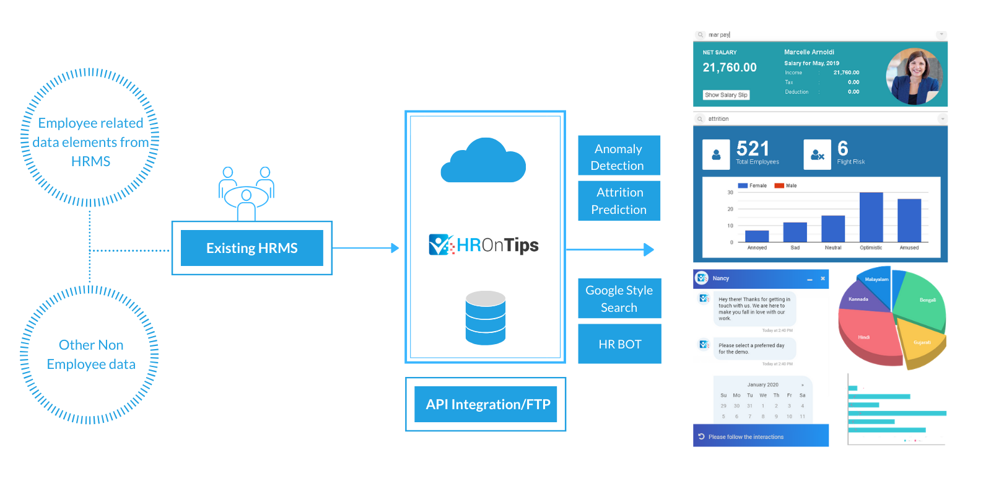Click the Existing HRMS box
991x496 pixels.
click(251, 248)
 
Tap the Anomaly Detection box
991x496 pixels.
click(619, 156)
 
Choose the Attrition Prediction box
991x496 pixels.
click(619, 201)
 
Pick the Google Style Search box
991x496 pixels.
click(619, 299)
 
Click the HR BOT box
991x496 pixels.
click(619, 344)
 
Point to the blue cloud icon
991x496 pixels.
click(483, 162)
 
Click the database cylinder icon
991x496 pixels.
click(486, 318)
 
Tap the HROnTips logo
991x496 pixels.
click(484, 245)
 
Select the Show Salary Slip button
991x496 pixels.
click(726, 95)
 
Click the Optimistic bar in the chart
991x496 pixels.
click(871, 217)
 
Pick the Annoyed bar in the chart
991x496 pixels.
click(757, 236)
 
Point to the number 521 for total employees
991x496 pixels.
click(753, 149)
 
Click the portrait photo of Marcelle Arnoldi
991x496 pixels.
click(914, 76)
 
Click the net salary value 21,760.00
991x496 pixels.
click(730, 68)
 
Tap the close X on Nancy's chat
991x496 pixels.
click(823, 278)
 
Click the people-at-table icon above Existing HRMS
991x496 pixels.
click(246, 192)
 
